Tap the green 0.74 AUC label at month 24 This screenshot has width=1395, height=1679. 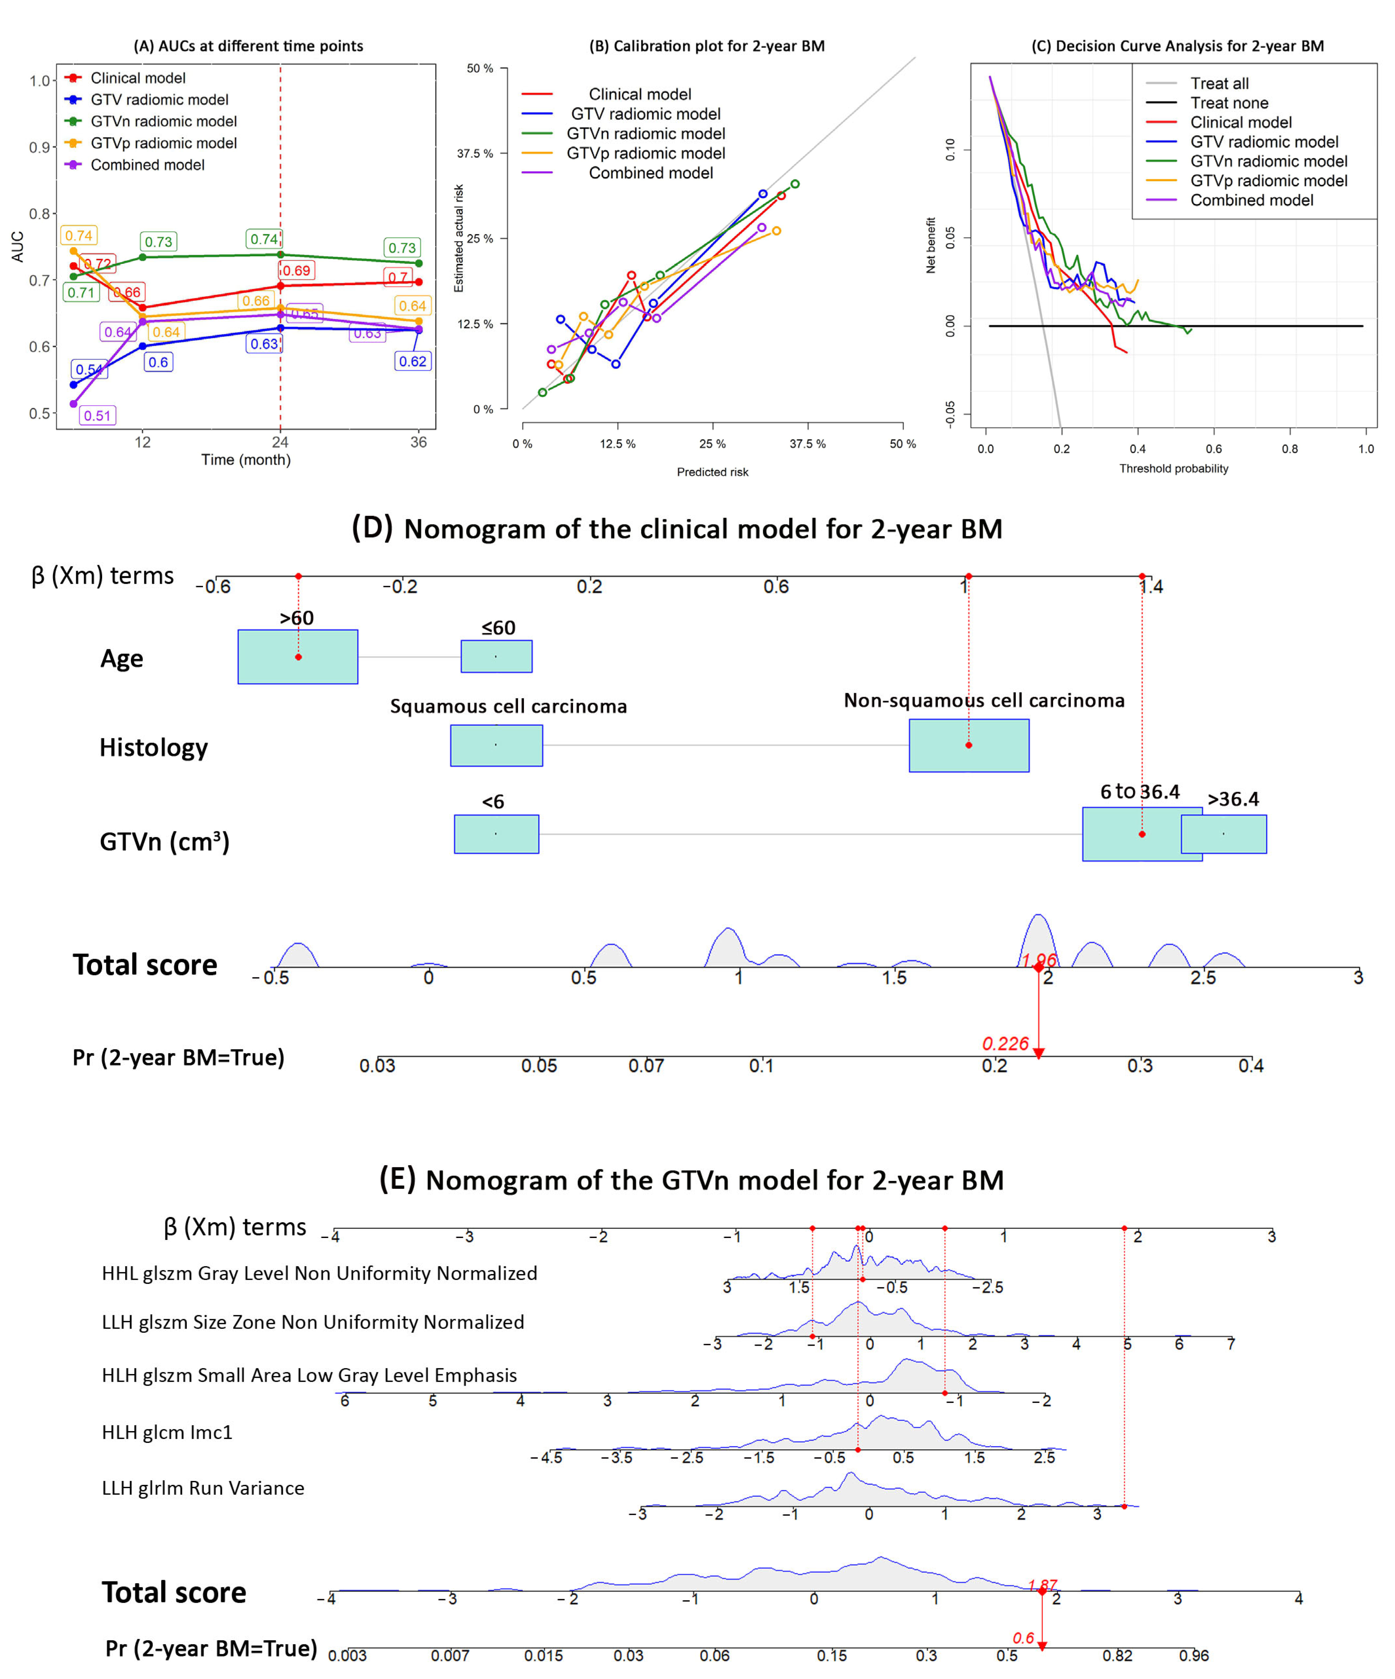pos(264,239)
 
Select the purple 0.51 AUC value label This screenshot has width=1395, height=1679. pos(98,416)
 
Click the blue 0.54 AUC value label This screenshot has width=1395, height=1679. pos(89,369)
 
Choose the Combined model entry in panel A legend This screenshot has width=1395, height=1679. pos(147,165)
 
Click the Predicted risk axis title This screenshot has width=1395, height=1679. pos(712,472)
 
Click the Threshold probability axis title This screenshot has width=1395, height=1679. pos(1173,469)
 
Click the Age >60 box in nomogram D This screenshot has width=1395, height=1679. pos(297,657)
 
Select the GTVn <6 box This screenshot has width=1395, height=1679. pos(496,834)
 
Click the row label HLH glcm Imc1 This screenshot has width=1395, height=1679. pos(167,1432)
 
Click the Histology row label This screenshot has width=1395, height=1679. pos(154,747)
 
